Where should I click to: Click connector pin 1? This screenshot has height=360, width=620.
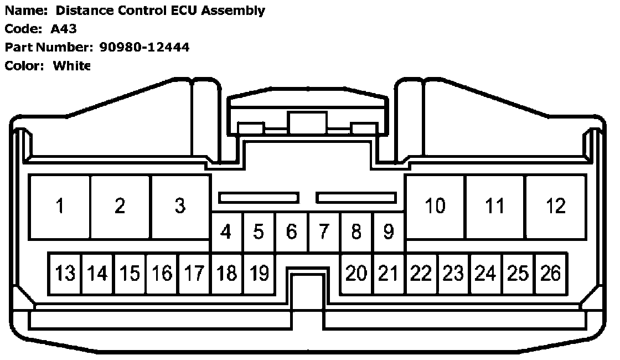pos(60,207)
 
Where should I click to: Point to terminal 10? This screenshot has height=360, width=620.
pos(435,207)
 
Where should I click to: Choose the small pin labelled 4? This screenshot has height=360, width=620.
pos(226,232)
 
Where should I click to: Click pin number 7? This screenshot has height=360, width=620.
pos(324,232)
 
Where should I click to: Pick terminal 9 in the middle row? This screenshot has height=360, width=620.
pos(389,232)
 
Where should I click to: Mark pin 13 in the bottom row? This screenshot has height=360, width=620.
pos(65,274)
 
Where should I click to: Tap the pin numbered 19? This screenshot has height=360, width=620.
pos(259,274)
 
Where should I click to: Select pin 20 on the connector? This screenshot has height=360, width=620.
pos(356,274)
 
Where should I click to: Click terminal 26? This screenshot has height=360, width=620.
pos(550,274)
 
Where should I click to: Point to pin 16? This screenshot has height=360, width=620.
pos(162,274)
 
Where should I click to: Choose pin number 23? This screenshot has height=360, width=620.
pos(453,274)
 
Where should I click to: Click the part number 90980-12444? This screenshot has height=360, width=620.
pos(144,47)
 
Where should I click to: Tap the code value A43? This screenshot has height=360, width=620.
pos(64,29)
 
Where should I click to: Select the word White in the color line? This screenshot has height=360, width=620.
pos(71,66)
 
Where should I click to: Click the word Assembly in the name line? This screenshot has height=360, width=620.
pos(237,10)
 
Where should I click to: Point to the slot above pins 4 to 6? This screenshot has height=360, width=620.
pos(259,198)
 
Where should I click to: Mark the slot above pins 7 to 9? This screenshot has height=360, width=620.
pos(356,198)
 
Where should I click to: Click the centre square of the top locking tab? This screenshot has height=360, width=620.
pos(307,122)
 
